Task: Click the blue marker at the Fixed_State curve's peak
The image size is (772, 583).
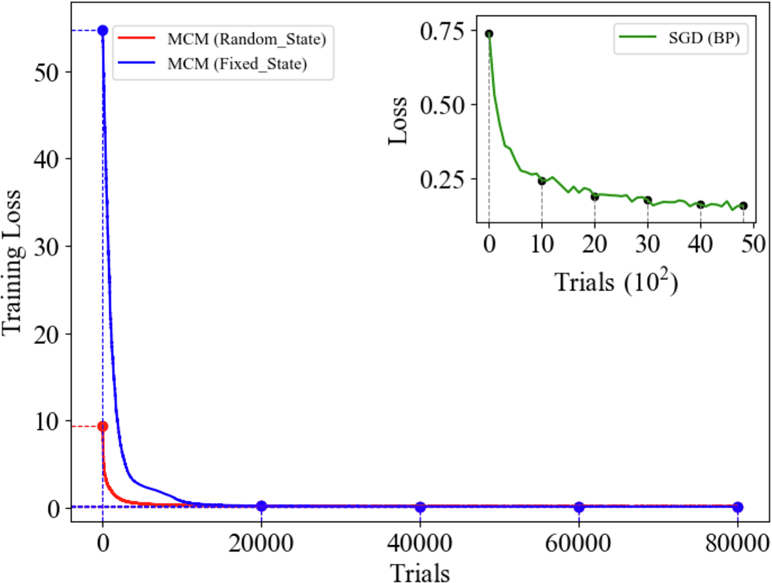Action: tap(102, 30)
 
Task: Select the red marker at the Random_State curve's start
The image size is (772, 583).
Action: tap(102, 426)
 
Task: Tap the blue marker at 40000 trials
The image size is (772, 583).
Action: tap(420, 507)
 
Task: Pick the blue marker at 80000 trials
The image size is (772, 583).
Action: tap(737, 507)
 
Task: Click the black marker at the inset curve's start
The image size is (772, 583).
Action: tap(489, 33)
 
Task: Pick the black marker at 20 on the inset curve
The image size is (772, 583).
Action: tap(594, 196)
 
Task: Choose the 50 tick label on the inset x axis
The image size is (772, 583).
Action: tap(753, 246)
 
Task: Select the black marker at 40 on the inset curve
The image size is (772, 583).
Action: tap(701, 204)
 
